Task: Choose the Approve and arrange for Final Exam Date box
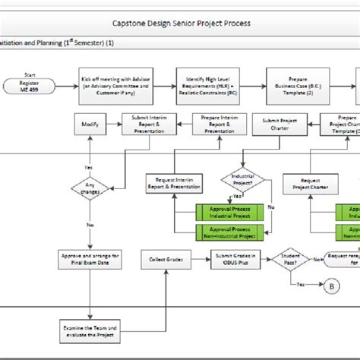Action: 90,261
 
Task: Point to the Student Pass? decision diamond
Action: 291,261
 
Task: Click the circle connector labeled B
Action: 331,286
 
